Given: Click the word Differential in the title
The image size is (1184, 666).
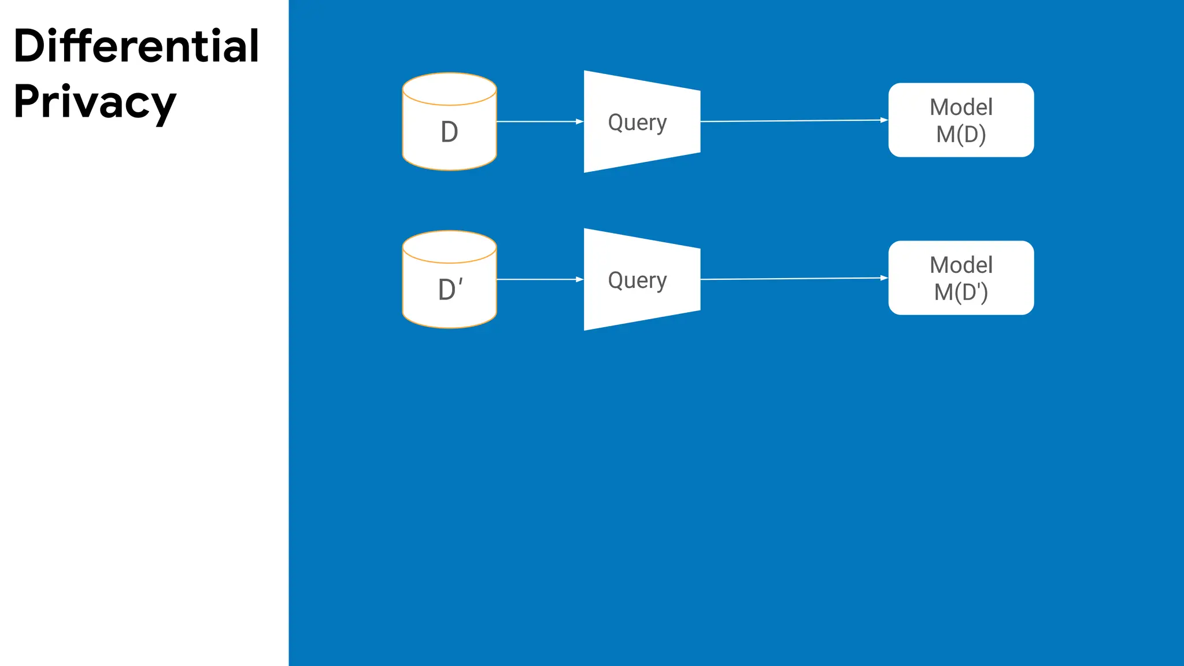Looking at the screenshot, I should (136, 46).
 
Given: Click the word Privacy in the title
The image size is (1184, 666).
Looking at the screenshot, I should (94, 102).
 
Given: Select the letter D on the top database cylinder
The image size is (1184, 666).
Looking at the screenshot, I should (449, 132).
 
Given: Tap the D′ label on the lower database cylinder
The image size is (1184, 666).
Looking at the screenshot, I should (450, 290).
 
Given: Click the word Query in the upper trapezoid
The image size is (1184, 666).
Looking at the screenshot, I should (637, 123).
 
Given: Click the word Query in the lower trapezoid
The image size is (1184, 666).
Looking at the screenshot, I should (637, 280).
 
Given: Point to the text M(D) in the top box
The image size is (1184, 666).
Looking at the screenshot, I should (961, 134).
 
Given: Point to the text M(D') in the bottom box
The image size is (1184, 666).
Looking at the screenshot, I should (961, 292).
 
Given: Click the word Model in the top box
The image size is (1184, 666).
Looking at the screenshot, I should (961, 107).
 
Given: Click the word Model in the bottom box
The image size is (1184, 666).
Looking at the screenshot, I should (961, 265).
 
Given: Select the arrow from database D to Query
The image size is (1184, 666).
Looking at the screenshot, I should (538, 121).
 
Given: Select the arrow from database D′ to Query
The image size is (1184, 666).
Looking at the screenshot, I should (538, 279).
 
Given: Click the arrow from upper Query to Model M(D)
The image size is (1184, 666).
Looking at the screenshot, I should (792, 121).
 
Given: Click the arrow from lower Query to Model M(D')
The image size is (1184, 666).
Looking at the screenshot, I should (792, 279).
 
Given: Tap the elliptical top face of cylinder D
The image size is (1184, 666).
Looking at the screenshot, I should (449, 89).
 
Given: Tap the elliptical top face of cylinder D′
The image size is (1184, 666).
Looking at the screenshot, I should (449, 247).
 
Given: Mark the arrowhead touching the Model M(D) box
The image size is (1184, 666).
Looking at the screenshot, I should (884, 120).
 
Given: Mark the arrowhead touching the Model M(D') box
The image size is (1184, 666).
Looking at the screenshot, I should (884, 278).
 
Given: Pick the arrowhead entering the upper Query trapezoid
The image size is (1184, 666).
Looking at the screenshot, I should (579, 121).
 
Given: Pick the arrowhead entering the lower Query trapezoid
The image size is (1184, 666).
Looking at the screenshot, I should (579, 279).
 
